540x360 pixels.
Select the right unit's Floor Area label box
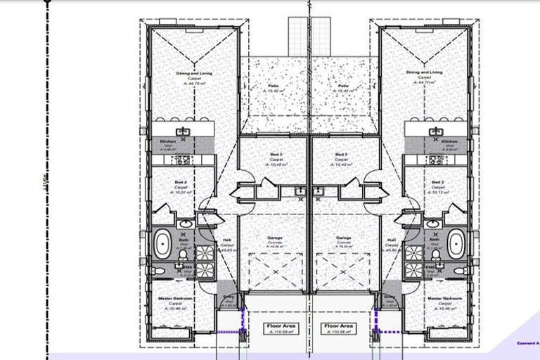[337, 329]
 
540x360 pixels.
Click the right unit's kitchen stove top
[436, 160]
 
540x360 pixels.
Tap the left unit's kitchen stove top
[182, 160]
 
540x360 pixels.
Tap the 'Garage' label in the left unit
[274, 238]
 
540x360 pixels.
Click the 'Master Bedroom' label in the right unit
[444, 299]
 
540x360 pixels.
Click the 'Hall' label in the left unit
[226, 240]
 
